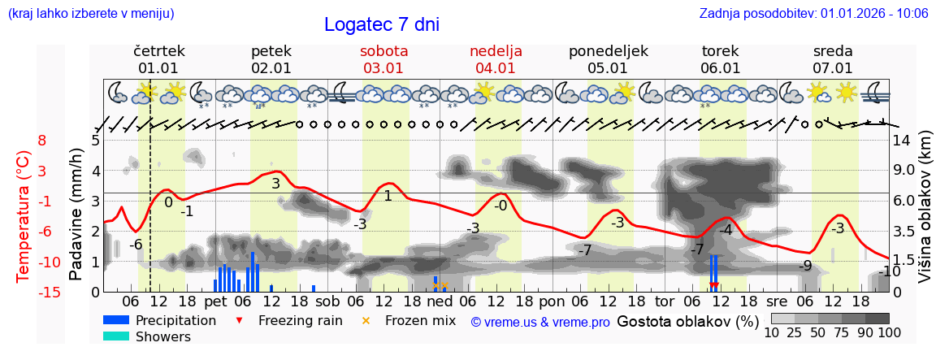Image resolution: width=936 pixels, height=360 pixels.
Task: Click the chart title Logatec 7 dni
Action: (381, 24)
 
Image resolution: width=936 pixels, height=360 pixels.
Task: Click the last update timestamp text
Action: (813, 13)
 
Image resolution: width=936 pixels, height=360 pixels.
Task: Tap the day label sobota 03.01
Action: (384, 59)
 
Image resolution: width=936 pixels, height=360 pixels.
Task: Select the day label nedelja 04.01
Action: (496, 59)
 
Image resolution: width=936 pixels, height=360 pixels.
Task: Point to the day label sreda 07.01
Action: (833, 59)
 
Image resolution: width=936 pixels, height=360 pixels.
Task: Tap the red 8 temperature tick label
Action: (41, 140)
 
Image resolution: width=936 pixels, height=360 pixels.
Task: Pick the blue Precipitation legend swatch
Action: (116, 321)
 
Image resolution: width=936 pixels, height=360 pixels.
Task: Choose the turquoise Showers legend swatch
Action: (116, 336)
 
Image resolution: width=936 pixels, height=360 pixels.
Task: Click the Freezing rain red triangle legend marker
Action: (238, 321)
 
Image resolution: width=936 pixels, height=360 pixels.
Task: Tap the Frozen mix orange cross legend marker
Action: (366, 321)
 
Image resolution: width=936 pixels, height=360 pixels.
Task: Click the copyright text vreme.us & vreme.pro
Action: (540, 322)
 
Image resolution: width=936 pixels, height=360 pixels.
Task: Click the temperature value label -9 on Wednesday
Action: (805, 266)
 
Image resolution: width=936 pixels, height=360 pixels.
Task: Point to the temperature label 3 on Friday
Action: (275, 184)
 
